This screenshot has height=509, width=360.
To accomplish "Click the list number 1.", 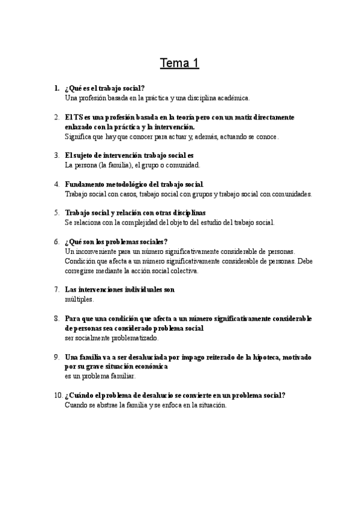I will tap(56, 88).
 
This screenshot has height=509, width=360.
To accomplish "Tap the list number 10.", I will tap(58, 395).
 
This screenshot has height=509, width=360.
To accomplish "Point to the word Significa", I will tap(78, 136).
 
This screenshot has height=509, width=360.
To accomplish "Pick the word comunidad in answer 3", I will tap(183, 164).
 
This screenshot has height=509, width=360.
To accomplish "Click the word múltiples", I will tap(79, 299).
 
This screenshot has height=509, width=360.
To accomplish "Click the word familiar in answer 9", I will tap(122, 376).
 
